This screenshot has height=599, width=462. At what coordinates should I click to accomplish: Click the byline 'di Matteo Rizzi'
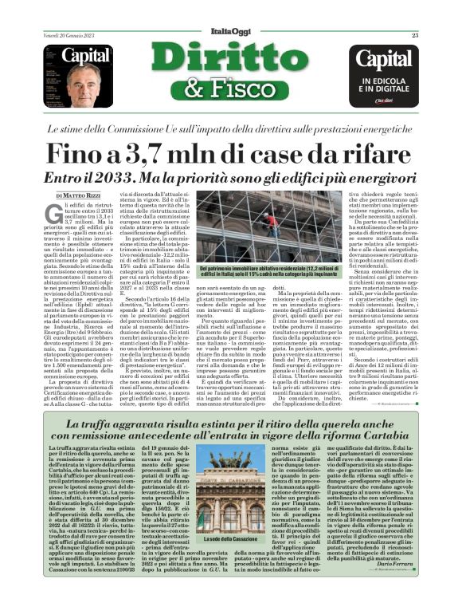(x=77, y=193)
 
